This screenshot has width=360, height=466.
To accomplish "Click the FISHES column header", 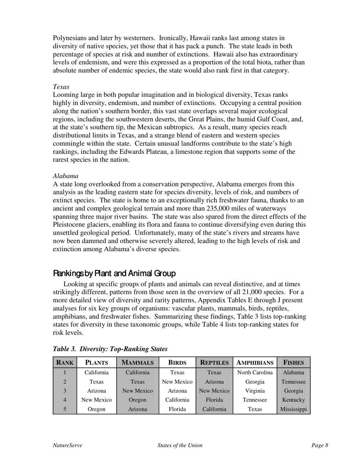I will pyautogui.click(x=294, y=363).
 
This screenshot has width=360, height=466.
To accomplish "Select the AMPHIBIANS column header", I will pyautogui.click(x=255, y=363).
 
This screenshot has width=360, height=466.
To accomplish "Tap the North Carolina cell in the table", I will pyautogui.click(x=255, y=373).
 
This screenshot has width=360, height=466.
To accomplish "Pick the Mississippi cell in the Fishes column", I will pyautogui.click(x=294, y=409).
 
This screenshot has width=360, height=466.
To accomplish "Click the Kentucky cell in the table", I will pyautogui.click(x=294, y=400).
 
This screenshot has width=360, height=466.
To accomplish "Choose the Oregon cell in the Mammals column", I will pyautogui.click(x=138, y=400).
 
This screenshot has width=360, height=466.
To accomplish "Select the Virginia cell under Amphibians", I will pyautogui.click(x=255, y=391).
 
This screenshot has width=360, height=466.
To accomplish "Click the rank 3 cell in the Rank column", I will pyautogui.click(x=65, y=391).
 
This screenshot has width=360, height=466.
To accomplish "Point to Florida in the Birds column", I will pyautogui.click(x=177, y=409).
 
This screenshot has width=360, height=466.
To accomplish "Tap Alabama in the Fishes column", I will pyautogui.click(x=294, y=373).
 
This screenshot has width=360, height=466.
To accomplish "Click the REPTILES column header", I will pyautogui.click(x=214, y=363).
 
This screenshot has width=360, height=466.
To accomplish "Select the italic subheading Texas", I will pyautogui.click(x=61, y=87).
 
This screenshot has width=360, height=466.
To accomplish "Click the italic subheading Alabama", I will pyautogui.click(x=66, y=176).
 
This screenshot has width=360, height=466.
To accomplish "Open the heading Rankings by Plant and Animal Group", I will pyautogui.click(x=114, y=273).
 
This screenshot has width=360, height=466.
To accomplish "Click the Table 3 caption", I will pyautogui.click(x=110, y=349).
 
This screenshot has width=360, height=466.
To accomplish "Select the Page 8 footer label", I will pyautogui.click(x=320, y=446).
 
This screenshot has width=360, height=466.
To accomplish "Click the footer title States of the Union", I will pyautogui.click(x=180, y=446).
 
